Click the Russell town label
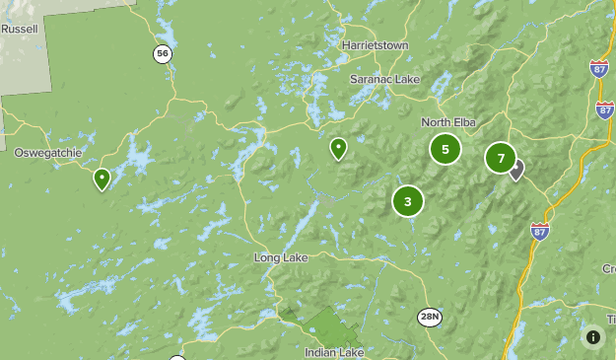coord(19,30)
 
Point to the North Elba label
coord(448,121)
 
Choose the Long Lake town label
coord(281,257)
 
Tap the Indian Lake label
coord(335,352)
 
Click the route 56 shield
coord(162,53)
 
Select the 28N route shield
coord(429,316)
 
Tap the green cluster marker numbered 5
coord(445,149)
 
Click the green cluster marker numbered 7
coord(501,158)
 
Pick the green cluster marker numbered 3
coord(407,201)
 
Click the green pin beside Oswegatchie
coord(102,179)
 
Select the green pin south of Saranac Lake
coord(338,148)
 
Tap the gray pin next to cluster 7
coord(515,170)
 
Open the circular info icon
coord(592,336)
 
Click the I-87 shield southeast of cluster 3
coord(539,231)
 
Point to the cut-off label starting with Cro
coord(607,268)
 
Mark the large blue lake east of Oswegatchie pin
coord(138,158)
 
